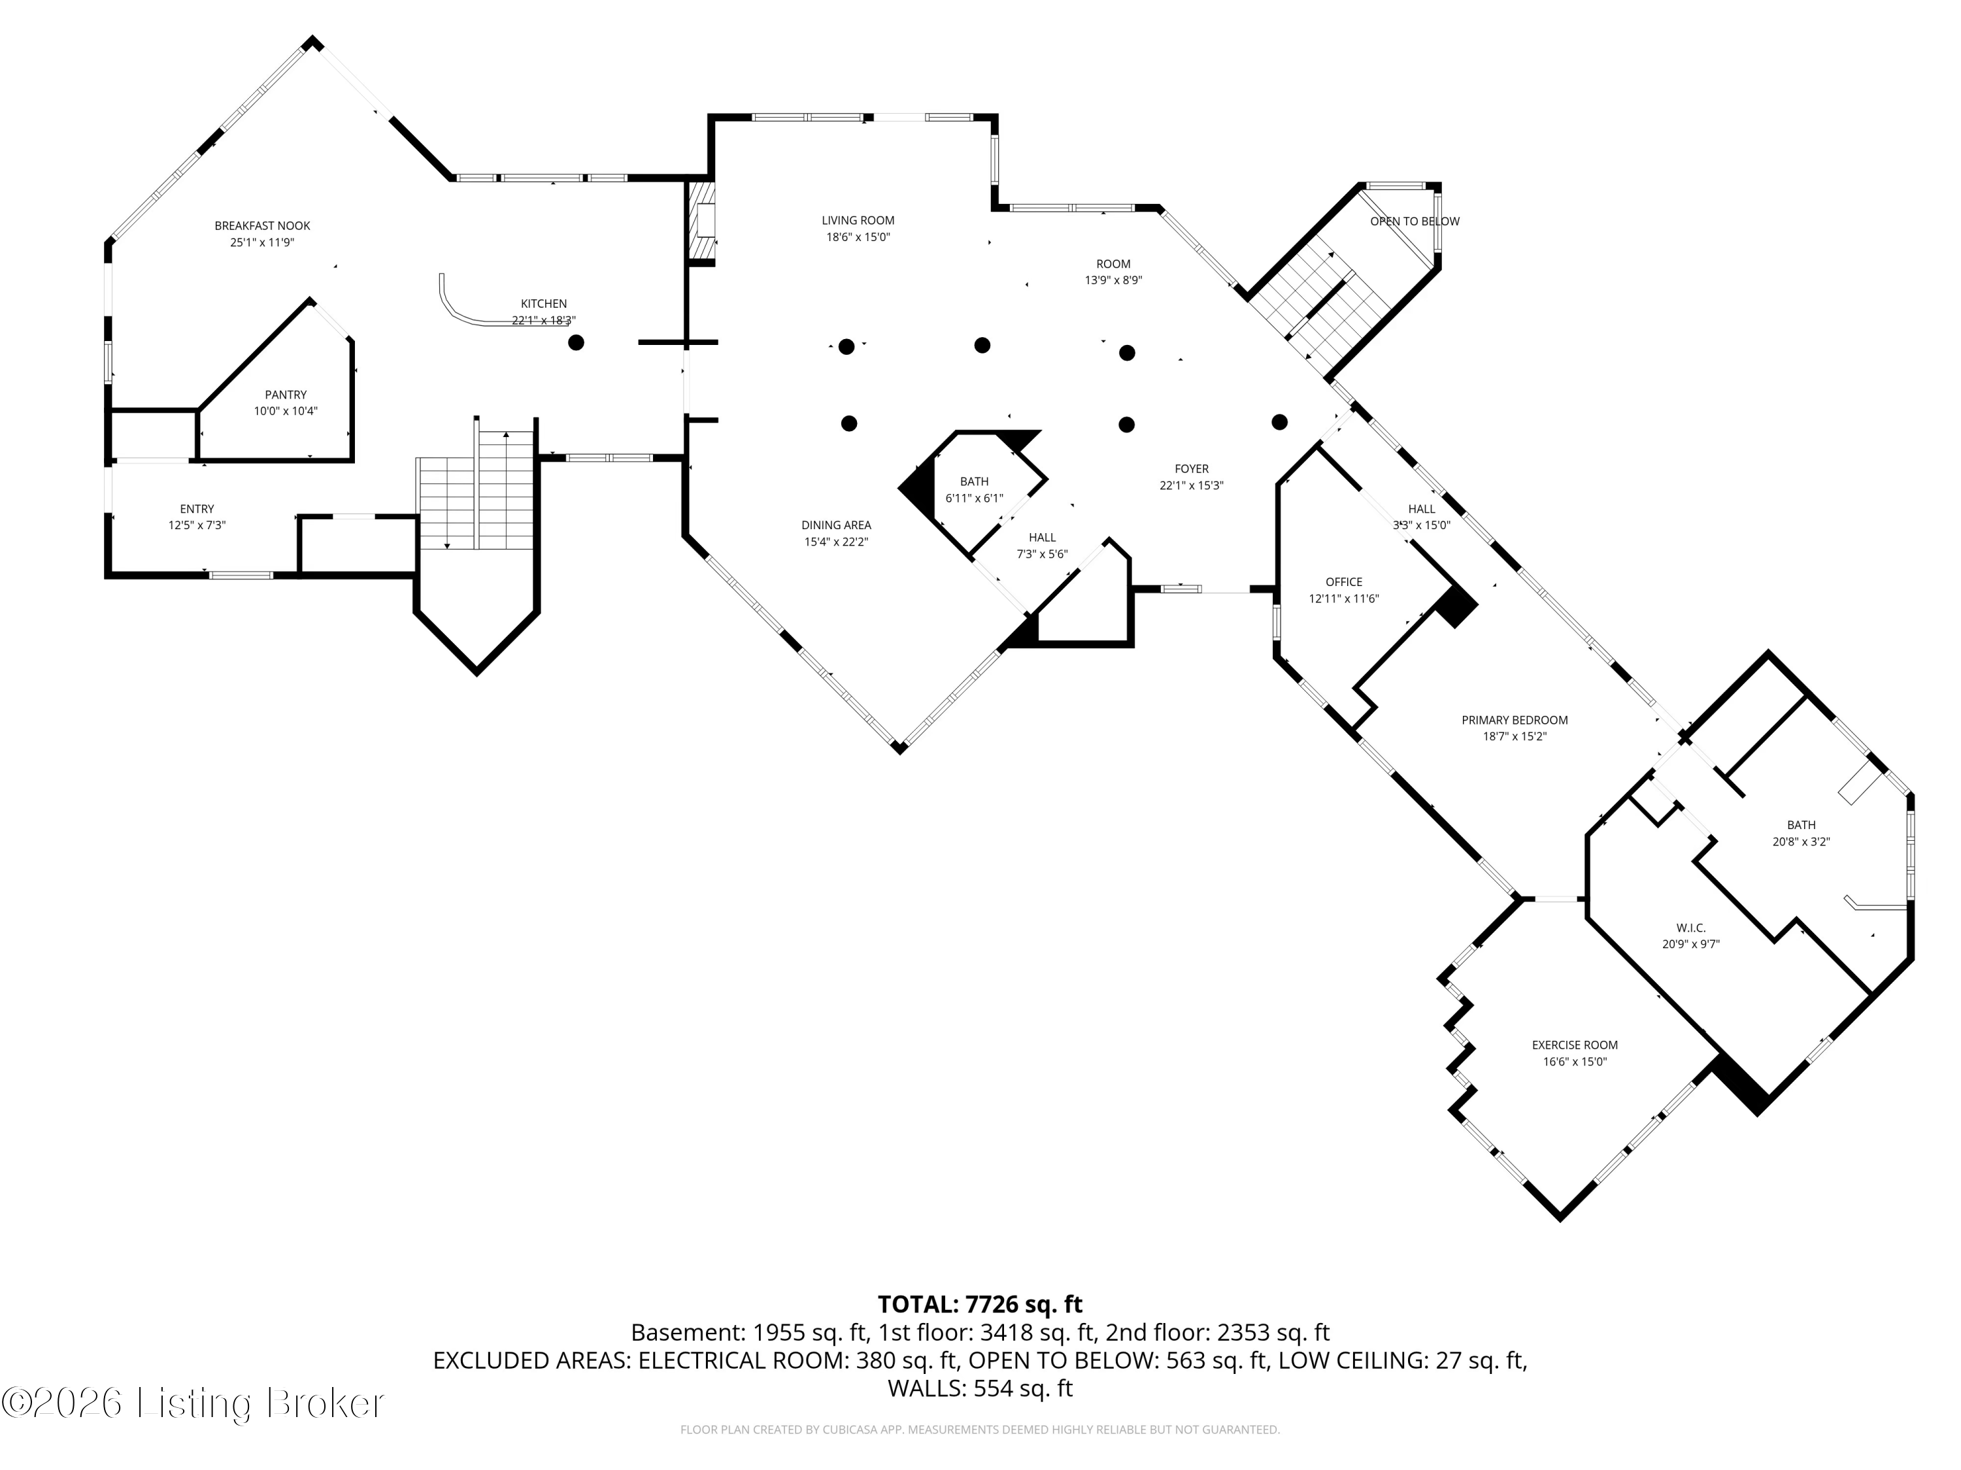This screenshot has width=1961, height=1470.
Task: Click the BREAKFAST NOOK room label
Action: tap(262, 226)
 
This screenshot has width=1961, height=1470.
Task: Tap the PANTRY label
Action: tap(286, 395)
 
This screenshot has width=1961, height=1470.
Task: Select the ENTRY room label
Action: tap(197, 508)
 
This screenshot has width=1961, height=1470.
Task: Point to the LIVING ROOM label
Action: tap(858, 221)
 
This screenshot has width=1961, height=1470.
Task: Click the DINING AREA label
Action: tap(836, 525)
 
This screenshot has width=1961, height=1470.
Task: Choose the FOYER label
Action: tap(1192, 468)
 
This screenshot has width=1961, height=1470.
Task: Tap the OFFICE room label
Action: tap(1344, 582)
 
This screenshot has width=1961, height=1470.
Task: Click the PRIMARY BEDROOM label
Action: tap(1515, 721)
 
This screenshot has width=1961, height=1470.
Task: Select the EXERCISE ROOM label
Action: tap(1575, 1045)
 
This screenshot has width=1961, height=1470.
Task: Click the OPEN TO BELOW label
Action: tap(1415, 221)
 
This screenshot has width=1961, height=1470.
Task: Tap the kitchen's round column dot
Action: tap(577, 343)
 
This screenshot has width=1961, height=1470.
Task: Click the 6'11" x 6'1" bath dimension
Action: tap(975, 498)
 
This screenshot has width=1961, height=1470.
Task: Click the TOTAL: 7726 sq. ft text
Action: tap(980, 1304)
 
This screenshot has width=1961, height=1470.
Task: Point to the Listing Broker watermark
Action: tap(193, 1403)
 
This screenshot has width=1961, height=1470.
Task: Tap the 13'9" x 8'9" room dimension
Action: tap(1113, 280)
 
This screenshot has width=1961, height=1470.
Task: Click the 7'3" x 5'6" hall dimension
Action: tap(1043, 555)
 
